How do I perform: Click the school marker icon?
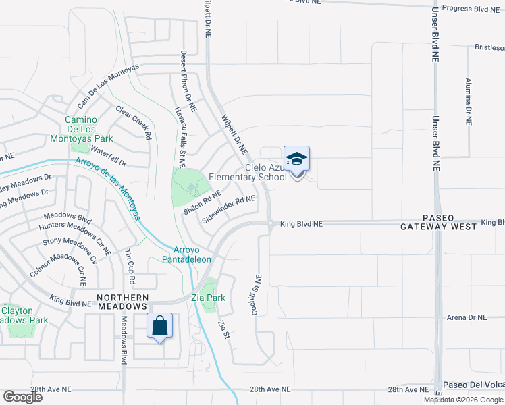(x=296, y=160)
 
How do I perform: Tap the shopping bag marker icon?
(x=160, y=326)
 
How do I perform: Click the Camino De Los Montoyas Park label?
(x=81, y=129)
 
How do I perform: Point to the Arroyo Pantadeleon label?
(x=187, y=254)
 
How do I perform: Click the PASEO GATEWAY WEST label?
(x=440, y=222)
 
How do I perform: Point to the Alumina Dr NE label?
(x=468, y=101)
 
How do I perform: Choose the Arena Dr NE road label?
(x=467, y=317)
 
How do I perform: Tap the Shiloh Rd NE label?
(x=203, y=202)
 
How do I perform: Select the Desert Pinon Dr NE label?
(x=188, y=80)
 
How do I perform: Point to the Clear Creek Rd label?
(x=133, y=122)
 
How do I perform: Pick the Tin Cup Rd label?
(x=129, y=266)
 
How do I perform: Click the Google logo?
(x=22, y=397)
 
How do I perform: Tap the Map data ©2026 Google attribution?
(x=463, y=400)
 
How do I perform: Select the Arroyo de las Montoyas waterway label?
(x=107, y=188)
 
